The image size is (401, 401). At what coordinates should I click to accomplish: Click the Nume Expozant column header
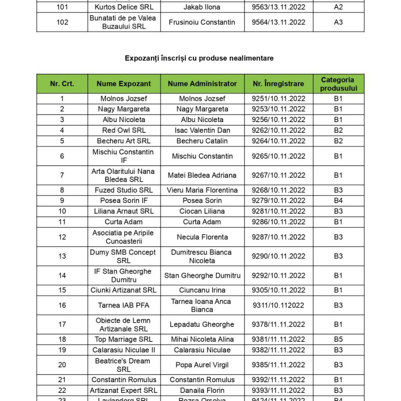pos(124,84)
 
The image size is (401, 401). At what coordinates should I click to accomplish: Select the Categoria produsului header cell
pos(338,84)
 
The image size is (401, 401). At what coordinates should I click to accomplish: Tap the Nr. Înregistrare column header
pos(278,84)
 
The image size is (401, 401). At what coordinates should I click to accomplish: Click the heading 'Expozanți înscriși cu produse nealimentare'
pos(199,58)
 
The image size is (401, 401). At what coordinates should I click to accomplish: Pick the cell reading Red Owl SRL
pos(124,130)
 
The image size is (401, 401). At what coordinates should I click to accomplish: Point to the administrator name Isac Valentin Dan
pos(202,130)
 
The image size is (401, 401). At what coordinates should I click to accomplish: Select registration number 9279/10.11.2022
pos(278,200)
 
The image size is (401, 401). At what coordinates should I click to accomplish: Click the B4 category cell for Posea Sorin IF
pos(338,200)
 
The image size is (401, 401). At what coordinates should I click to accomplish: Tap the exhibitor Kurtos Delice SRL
pos(124,7)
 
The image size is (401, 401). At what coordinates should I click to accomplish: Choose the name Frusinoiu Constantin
pos(202,22)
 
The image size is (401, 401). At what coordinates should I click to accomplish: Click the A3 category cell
pos(338,22)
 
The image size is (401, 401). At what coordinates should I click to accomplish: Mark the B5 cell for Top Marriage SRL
pos(338,340)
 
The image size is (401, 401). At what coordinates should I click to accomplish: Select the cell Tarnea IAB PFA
pos(124,305)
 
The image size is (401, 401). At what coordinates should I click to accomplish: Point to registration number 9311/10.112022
pos(278,305)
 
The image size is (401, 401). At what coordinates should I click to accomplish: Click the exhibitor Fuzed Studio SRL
pos(124,190)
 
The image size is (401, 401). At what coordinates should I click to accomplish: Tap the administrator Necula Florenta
pos(202,237)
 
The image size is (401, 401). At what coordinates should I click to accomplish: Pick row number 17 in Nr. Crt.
pos(62,325)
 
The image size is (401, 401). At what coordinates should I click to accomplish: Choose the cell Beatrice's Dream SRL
pos(124,365)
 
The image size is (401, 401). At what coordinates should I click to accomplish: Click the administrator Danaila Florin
pos(202,390)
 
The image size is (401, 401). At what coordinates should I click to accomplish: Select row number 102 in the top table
pos(62,22)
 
